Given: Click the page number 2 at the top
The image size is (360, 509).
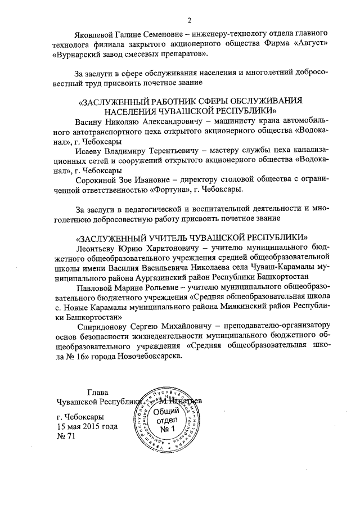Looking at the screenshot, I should click(190, 21).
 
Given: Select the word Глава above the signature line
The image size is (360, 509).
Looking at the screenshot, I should click(98, 392).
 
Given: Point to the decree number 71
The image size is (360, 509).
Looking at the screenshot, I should click(70, 437).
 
